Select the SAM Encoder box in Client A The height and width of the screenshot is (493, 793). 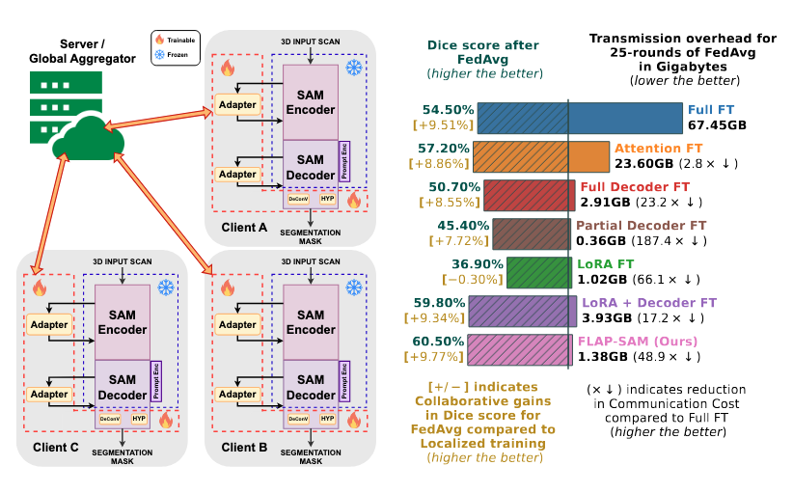point(310,101)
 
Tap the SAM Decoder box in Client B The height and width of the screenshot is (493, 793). point(310,386)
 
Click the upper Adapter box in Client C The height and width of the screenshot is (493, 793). point(49,324)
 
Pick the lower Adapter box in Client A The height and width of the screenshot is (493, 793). point(237,175)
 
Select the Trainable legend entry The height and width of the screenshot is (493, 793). point(176,40)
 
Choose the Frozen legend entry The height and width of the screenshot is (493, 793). point(176,55)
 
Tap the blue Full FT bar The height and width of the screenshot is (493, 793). point(580,118)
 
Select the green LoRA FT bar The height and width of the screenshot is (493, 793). point(537,272)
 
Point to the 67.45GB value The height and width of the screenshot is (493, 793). point(717,125)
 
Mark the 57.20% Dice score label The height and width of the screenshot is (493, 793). point(445,149)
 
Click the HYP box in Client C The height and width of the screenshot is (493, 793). point(140,421)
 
